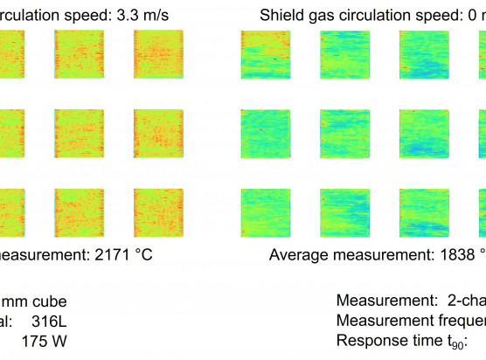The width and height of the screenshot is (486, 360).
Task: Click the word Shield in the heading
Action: (283, 15)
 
